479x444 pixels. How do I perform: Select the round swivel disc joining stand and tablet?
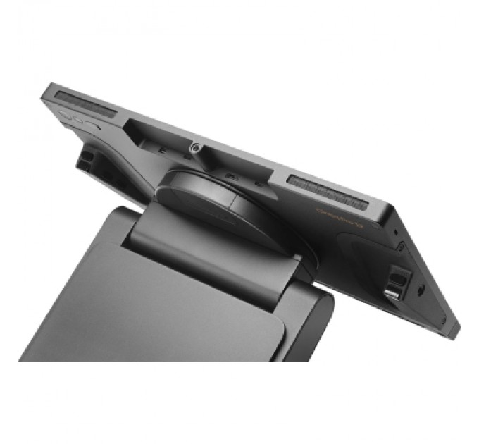tap(225, 204)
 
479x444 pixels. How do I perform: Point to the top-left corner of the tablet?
tap(48, 88)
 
